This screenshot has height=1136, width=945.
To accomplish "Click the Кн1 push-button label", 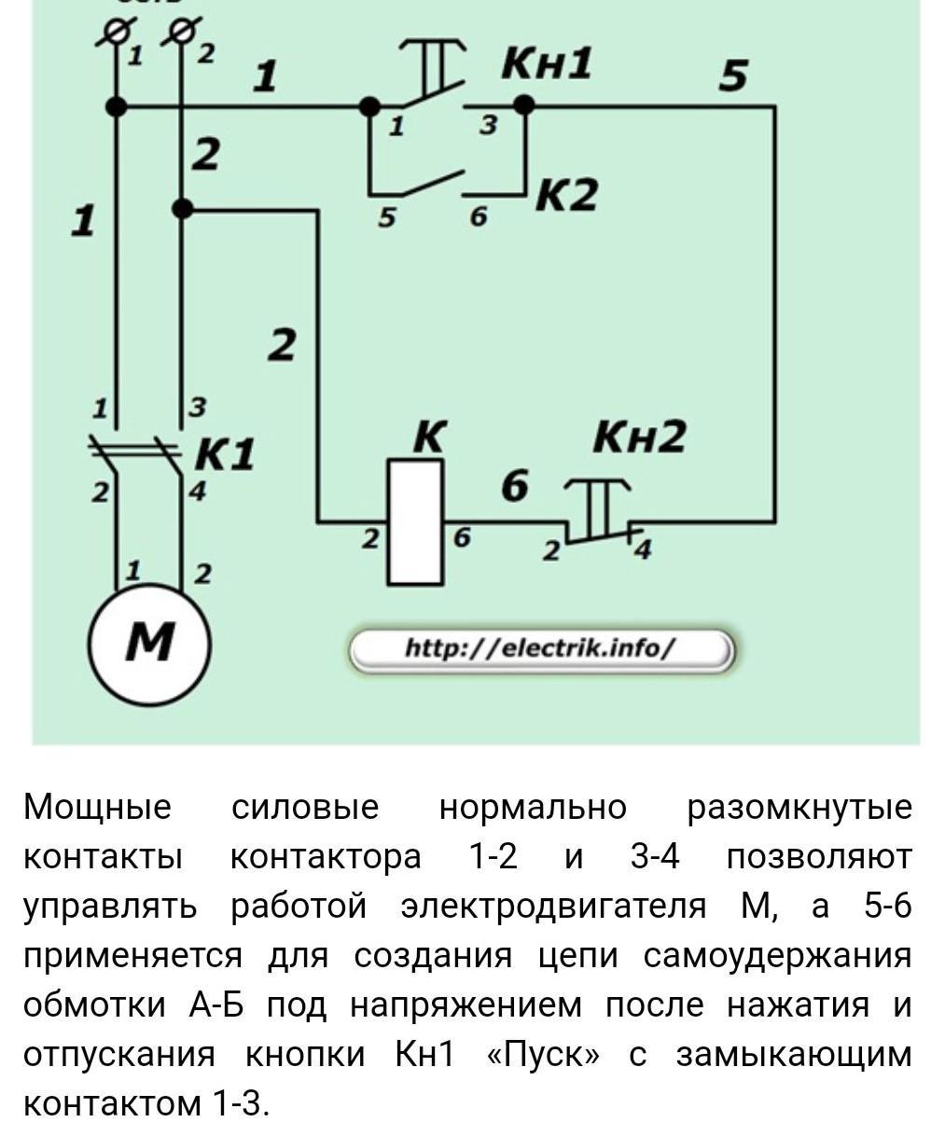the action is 546,63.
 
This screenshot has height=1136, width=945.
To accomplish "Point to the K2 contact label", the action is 566,194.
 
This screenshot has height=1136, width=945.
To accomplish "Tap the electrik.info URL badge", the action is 542,651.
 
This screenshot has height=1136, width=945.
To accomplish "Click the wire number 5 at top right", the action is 732,75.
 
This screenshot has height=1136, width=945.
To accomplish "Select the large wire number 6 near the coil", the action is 514,485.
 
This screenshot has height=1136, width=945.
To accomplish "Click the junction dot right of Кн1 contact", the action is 524,105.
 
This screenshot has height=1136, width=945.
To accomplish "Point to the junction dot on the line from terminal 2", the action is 182,208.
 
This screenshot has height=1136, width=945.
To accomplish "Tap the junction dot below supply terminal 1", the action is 116,106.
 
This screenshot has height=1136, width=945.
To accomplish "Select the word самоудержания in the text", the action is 777,956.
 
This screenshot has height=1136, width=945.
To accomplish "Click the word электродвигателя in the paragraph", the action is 553,907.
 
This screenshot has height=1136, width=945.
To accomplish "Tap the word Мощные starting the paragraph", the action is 97,808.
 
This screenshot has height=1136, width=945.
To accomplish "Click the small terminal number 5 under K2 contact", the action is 386,218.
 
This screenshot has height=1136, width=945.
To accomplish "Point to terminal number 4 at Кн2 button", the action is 643,549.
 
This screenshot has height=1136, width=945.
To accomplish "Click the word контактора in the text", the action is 326,857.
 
